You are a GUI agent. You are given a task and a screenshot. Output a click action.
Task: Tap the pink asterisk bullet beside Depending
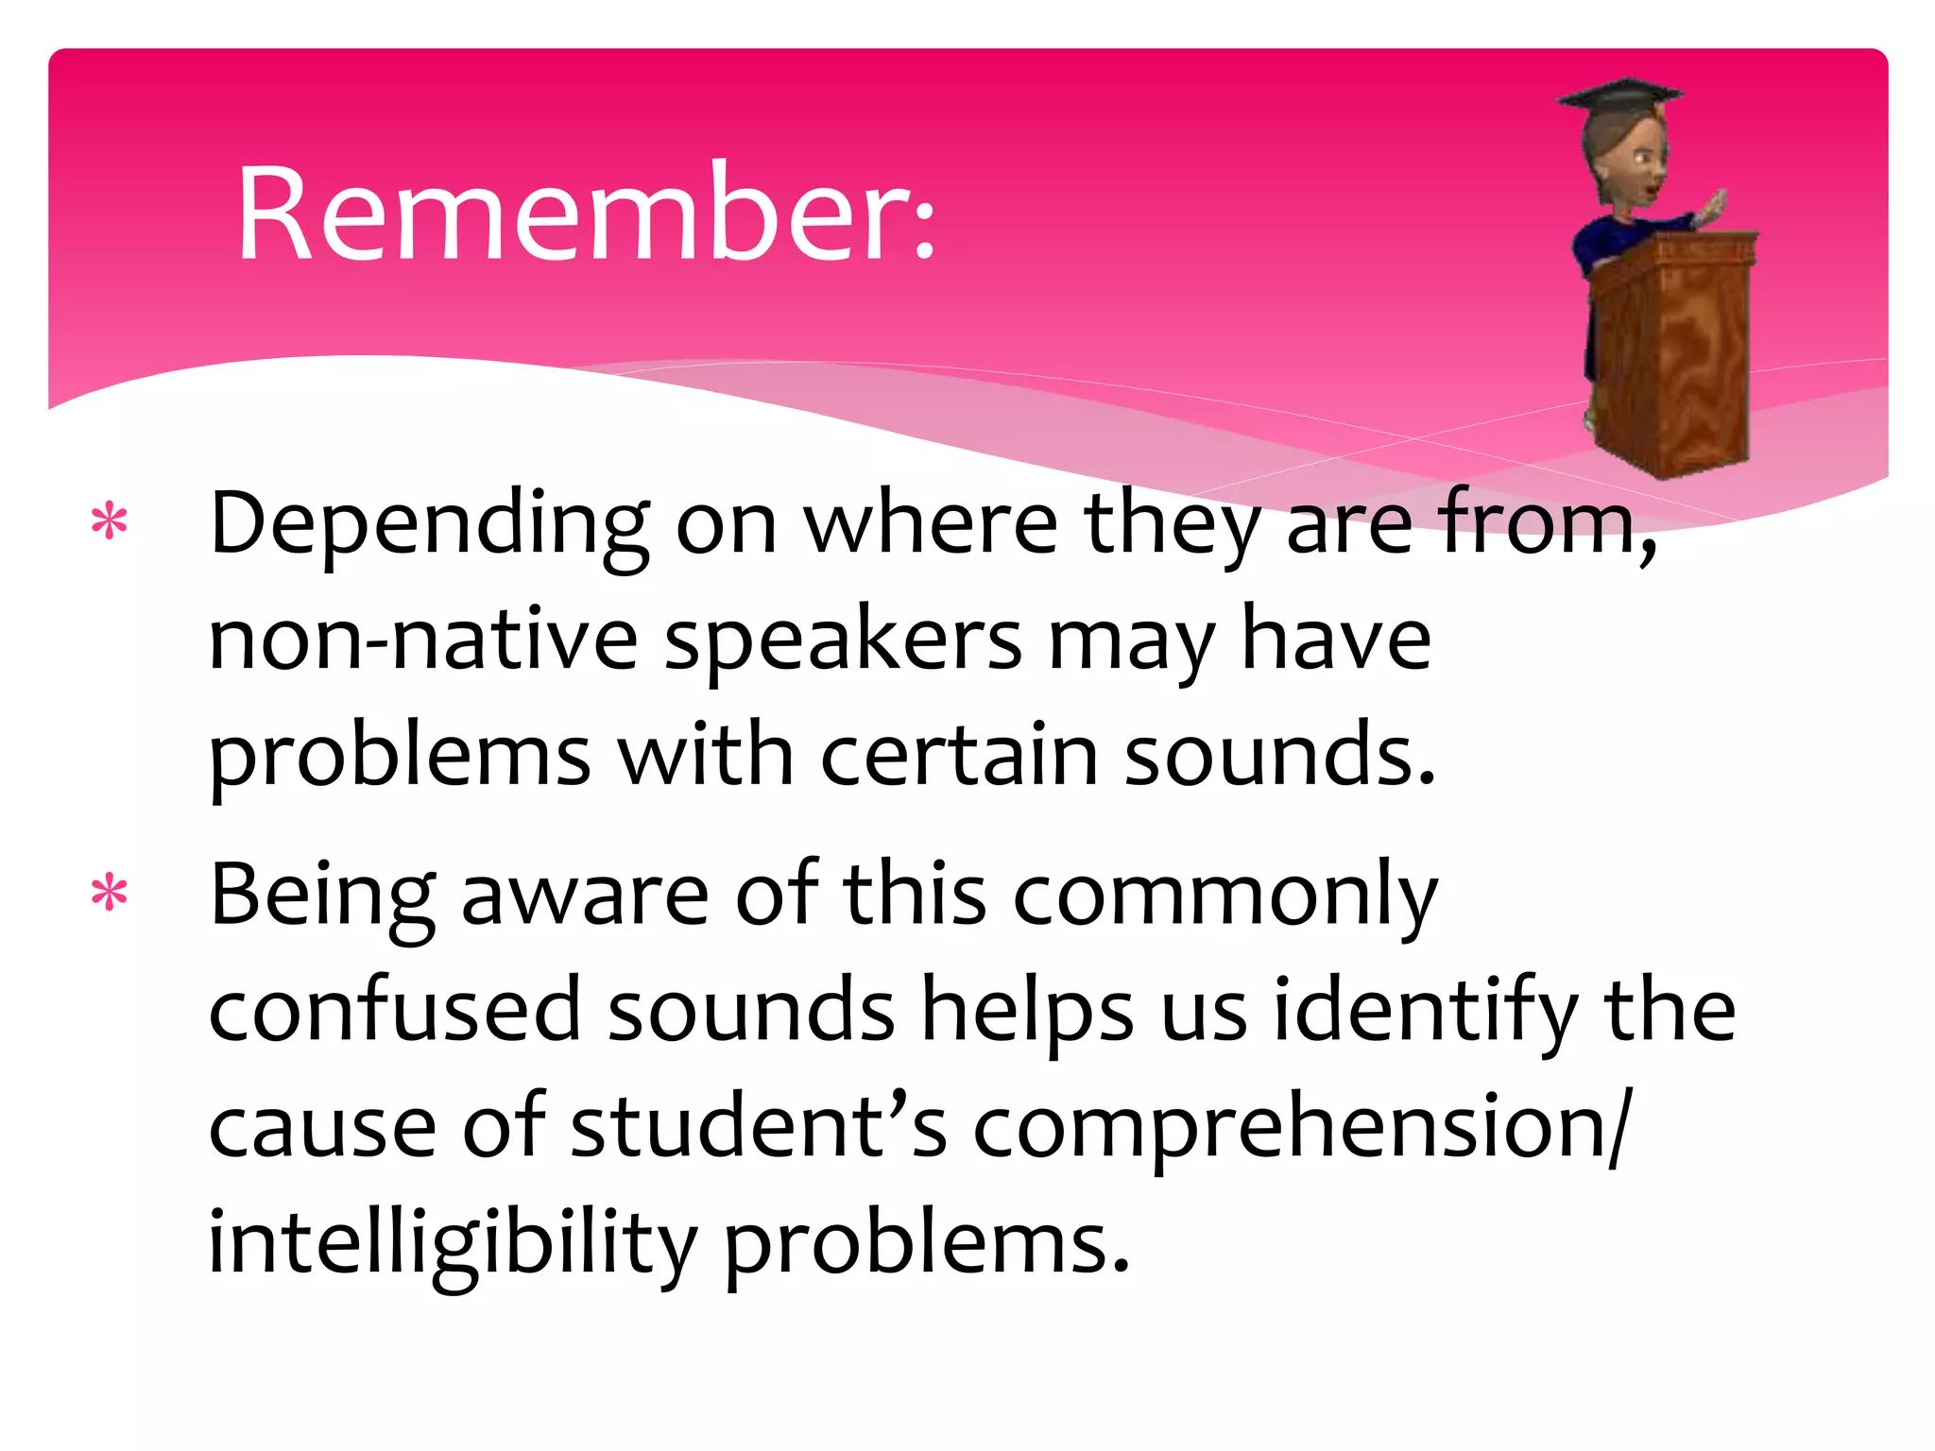[110, 522]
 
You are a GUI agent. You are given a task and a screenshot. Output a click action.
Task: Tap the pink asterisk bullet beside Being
[110, 893]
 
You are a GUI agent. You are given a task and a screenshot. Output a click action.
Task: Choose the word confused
[394, 1010]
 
